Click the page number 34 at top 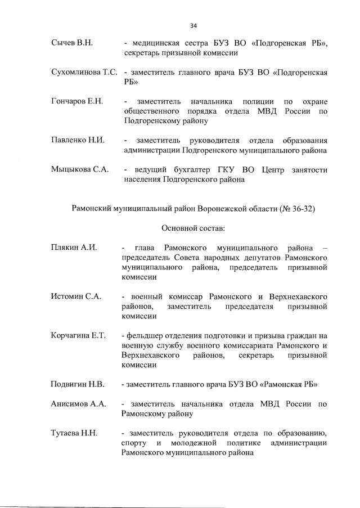point(193,25)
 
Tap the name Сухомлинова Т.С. point(84,73)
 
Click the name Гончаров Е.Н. point(77,101)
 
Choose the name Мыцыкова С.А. point(79,170)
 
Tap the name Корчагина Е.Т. point(78,335)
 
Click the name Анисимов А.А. point(78,404)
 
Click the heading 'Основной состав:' point(193,228)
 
